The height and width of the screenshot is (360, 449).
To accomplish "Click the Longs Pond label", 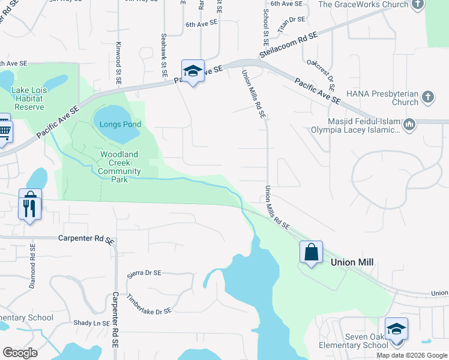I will pos(121,124).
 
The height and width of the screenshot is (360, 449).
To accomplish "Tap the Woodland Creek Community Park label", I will pos(119,163).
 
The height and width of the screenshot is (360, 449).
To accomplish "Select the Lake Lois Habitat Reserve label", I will pos(28,98).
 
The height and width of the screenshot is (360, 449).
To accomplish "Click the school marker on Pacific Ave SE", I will pos(193,71).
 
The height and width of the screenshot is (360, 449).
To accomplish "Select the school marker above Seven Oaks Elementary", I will pos(396,329).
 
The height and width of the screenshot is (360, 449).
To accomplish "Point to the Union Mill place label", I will pos(352,262).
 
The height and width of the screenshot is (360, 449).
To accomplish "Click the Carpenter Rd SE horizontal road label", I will pos(86,238).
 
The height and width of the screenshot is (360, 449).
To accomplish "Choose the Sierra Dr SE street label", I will pos(144,273).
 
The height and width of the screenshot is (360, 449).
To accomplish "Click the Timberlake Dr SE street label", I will pos(149,304).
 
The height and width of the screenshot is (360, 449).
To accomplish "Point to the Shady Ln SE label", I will pos(91,323).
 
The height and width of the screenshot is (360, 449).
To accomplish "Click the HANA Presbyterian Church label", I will pos(382,98).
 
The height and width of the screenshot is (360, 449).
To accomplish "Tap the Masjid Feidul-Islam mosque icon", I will pos(409,125).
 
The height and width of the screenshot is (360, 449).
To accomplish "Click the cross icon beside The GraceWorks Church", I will pos(418,5).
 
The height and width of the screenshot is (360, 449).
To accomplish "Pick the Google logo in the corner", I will pos(20,352).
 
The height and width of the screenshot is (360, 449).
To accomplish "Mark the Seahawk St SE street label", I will pos(163,50).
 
